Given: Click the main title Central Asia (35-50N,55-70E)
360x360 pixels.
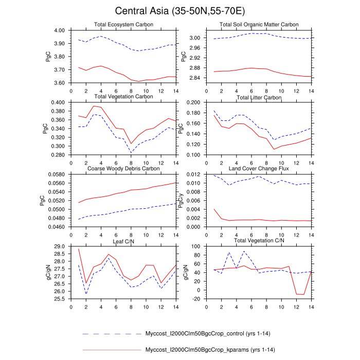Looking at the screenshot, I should tap(180, 11).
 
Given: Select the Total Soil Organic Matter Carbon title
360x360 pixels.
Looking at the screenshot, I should tap(259, 25).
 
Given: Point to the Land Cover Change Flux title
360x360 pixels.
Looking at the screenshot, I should tap(259, 169).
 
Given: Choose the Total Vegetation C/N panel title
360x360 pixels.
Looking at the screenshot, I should tap(259, 241).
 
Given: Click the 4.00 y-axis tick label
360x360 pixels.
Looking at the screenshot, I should tap(59, 30).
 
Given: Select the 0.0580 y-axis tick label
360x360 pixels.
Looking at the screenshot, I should tap(56, 174).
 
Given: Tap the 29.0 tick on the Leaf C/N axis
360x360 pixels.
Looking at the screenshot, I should tap(60, 246).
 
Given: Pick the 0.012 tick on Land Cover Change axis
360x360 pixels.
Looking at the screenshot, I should tap(195, 174).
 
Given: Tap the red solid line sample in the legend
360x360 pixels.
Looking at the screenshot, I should tap(112, 350).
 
